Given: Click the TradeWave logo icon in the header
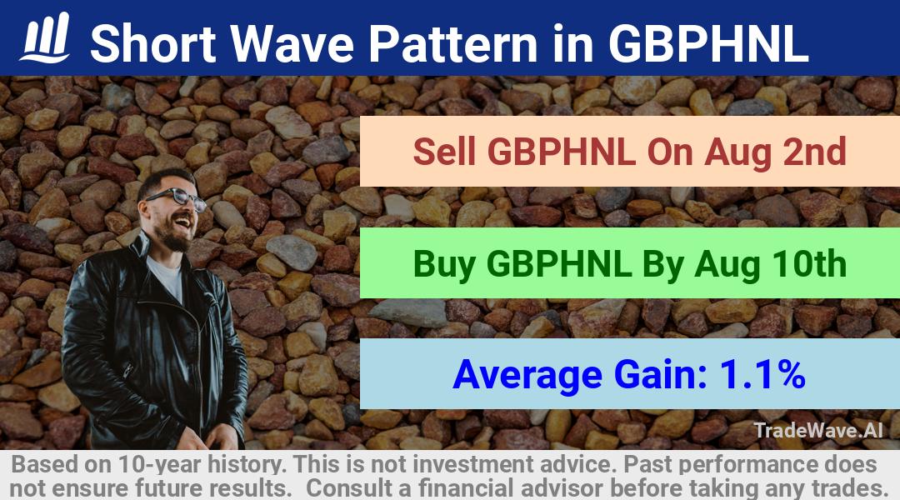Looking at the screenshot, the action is pos(45,37).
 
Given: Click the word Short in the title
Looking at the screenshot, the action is pos(153,43).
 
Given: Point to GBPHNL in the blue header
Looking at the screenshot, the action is pos(708,43).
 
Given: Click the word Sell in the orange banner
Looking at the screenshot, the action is pos(444,152).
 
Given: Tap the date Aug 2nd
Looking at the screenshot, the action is pos(776,152).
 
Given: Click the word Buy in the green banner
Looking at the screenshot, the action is pos(443,264).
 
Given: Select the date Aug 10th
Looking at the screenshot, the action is pos(770,264).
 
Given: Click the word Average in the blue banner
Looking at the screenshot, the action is pos(527,375).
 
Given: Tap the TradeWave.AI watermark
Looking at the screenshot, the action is pos(818,430).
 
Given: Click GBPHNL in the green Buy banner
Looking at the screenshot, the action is pos(559,264).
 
